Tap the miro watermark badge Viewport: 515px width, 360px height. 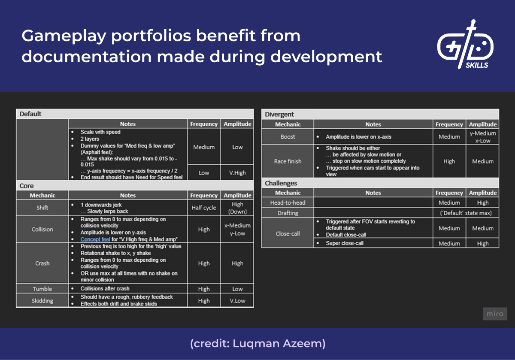[x=494, y=314]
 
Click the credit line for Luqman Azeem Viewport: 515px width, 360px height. [x=257, y=343]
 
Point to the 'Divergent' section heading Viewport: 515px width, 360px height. [x=279, y=115]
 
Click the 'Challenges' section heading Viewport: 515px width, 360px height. [x=281, y=183]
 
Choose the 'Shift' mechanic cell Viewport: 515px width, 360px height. [x=42, y=208]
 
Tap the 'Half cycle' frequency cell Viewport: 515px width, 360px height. [x=204, y=208]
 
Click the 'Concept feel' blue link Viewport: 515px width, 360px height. [x=95, y=239]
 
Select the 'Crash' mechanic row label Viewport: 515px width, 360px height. [x=42, y=263]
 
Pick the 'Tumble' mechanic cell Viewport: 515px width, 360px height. [x=42, y=289]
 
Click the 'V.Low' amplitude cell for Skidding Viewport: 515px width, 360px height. [x=237, y=301]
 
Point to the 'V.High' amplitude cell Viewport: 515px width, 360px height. [x=237, y=173]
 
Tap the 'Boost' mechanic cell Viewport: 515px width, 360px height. [x=288, y=137]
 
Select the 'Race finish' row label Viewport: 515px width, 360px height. [x=288, y=161]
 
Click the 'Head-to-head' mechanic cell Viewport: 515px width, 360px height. [x=288, y=203]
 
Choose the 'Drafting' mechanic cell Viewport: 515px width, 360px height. [x=288, y=213]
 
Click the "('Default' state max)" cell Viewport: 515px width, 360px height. [x=466, y=213]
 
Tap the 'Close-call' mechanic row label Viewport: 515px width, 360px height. [x=288, y=234]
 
